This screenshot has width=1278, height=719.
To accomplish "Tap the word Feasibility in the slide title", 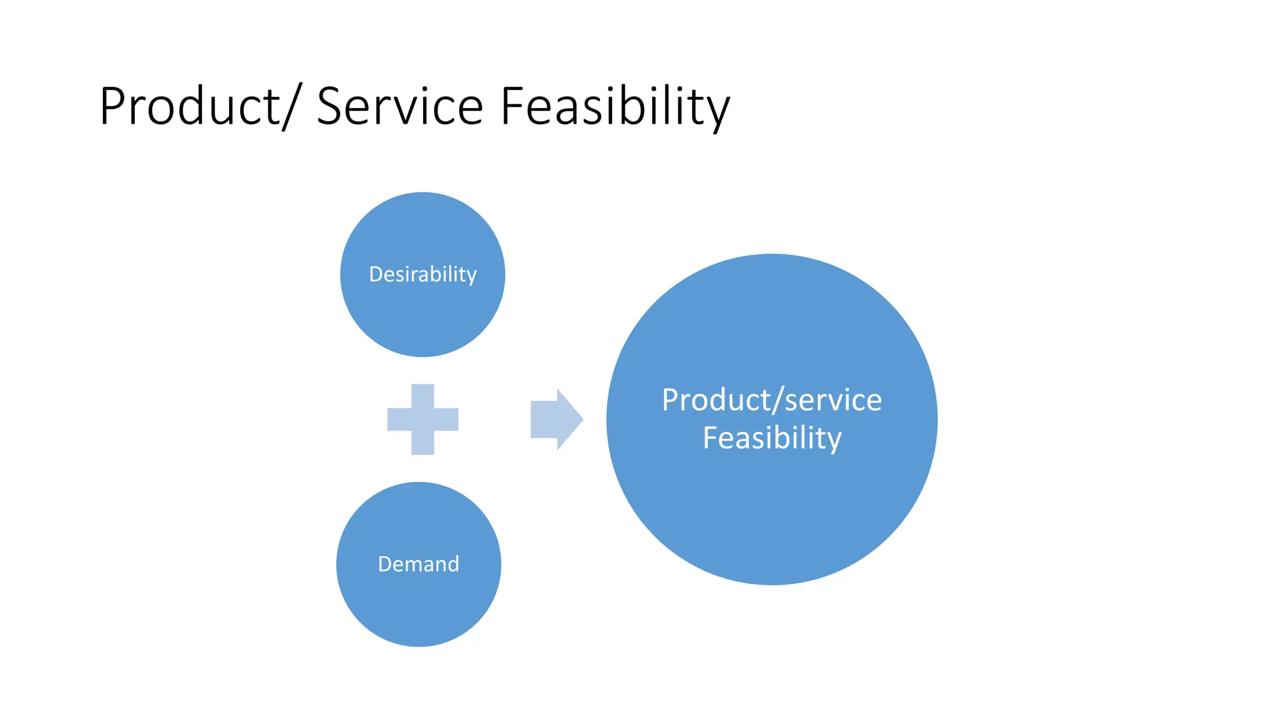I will (615, 107).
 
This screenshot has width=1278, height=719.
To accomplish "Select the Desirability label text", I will (422, 275).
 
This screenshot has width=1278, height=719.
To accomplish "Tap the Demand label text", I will (418, 564).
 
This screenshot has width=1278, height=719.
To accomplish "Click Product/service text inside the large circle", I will (771, 400).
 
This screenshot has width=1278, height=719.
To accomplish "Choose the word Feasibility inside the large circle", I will (771, 438).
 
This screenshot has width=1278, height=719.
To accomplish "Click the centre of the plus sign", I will (422, 419).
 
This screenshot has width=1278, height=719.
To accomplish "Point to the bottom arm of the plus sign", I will (422, 444).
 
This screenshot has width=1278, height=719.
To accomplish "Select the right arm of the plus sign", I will (447, 419).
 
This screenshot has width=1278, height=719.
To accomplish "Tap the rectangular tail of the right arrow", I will (543, 419).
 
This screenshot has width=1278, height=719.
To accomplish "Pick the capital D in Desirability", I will (375, 275).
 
